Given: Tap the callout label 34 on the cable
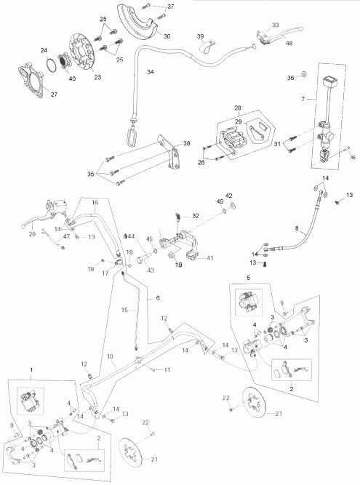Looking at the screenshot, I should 151,72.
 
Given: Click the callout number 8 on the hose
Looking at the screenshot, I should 296,229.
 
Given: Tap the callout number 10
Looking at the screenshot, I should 111,357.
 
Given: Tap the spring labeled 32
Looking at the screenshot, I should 177,214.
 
